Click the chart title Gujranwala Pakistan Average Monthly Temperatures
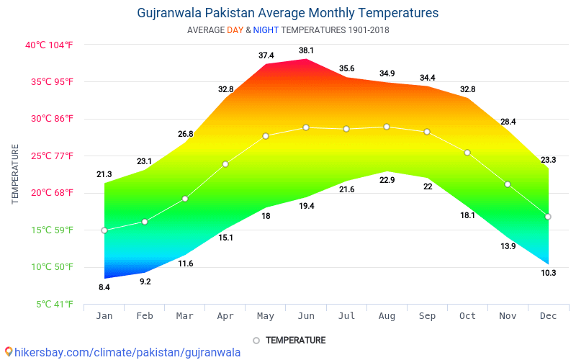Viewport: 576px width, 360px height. click(287, 13)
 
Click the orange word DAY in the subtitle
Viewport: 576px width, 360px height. click(235, 30)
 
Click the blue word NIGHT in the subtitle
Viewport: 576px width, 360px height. click(266, 30)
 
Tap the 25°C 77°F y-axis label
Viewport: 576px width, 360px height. click(51, 156)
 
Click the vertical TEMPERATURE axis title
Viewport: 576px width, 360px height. click(15, 174)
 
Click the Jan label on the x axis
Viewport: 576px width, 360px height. click(104, 315)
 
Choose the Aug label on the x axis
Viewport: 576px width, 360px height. click(387, 315)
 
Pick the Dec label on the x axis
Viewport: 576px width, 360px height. click(548, 315)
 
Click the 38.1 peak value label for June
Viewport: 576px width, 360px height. click(306, 50)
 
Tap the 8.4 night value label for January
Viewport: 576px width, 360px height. click(104, 288)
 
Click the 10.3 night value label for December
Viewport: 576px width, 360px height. click(548, 273)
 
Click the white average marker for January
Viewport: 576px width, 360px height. click(104, 230)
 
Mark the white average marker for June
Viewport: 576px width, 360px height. click(306, 127)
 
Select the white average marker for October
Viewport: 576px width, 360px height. click(467, 153)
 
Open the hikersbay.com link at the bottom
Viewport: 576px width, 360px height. click(122, 352)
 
